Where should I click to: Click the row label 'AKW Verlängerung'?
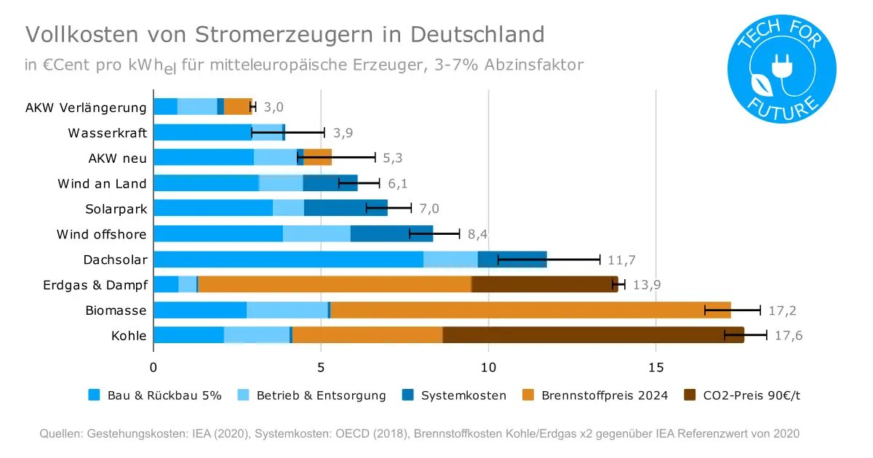click(x=86, y=108)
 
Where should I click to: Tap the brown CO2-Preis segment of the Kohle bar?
click(x=593, y=335)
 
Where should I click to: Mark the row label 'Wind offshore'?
click(x=102, y=234)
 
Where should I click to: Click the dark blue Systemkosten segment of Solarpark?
click(x=346, y=209)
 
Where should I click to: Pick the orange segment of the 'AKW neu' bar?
click(x=317, y=158)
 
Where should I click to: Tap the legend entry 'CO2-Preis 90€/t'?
click(x=741, y=395)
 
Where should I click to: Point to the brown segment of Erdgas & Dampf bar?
click(x=544, y=285)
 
